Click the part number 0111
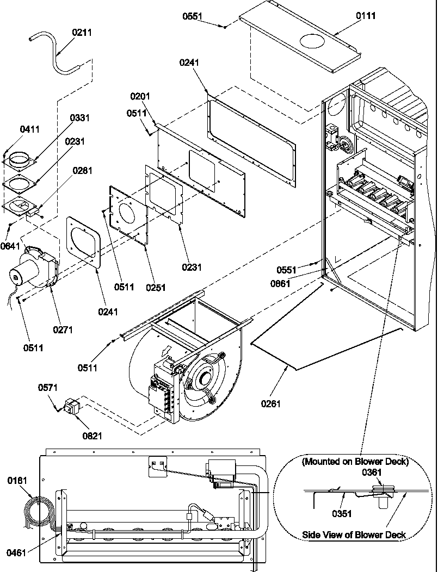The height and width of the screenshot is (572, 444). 366,16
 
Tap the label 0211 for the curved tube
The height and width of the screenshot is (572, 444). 82,33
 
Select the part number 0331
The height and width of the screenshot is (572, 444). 80,118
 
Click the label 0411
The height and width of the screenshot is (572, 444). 30,129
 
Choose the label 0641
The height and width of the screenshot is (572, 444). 10,245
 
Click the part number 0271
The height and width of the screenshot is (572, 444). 63,329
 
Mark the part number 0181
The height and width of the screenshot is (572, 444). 17,481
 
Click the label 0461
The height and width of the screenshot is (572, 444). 16,553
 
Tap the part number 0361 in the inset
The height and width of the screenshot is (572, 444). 372,472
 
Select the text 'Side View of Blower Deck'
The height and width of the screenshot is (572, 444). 354,535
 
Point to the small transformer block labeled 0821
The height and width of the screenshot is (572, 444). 71,407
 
